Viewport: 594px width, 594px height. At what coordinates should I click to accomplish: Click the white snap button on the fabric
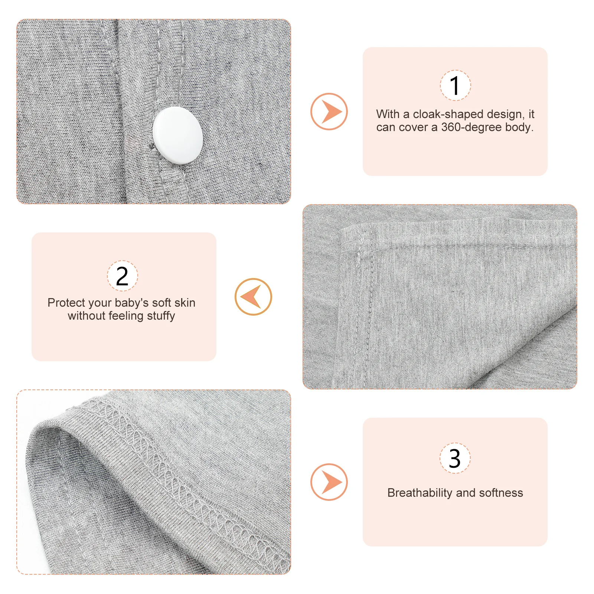pyautogui.click(x=177, y=136)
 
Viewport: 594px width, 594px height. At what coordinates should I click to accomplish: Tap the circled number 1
pyautogui.click(x=455, y=85)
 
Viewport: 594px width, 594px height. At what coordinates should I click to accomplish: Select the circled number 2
pyautogui.click(x=122, y=276)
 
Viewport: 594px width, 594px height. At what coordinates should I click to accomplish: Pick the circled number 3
pyautogui.click(x=455, y=458)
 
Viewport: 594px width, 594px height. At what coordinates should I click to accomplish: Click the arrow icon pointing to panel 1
pyautogui.click(x=329, y=111)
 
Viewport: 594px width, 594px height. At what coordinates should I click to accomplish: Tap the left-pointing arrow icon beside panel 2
pyautogui.click(x=253, y=297)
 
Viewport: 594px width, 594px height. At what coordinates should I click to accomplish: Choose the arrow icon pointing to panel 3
pyautogui.click(x=329, y=482)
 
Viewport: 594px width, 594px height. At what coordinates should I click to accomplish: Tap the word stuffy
pyautogui.click(x=161, y=316)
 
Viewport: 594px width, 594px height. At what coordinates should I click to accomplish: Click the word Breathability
pyautogui.click(x=420, y=493)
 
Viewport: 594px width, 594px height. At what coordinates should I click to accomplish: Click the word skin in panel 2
pyautogui.click(x=185, y=303)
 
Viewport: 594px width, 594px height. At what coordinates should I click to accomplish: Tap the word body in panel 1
pyautogui.click(x=520, y=127)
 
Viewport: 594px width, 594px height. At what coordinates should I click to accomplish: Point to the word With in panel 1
pyautogui.click(x=388, y=114)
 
